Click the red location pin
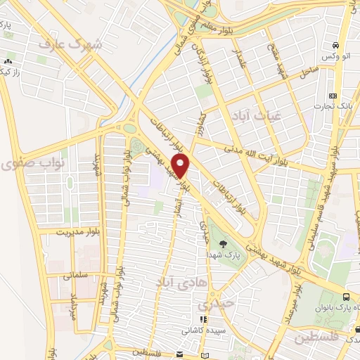pyautogui.click(x=181, y=166)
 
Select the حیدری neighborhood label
pyautogui.click(x=213, y=305)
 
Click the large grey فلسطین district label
pyautogui.click(x=316, y=337)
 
